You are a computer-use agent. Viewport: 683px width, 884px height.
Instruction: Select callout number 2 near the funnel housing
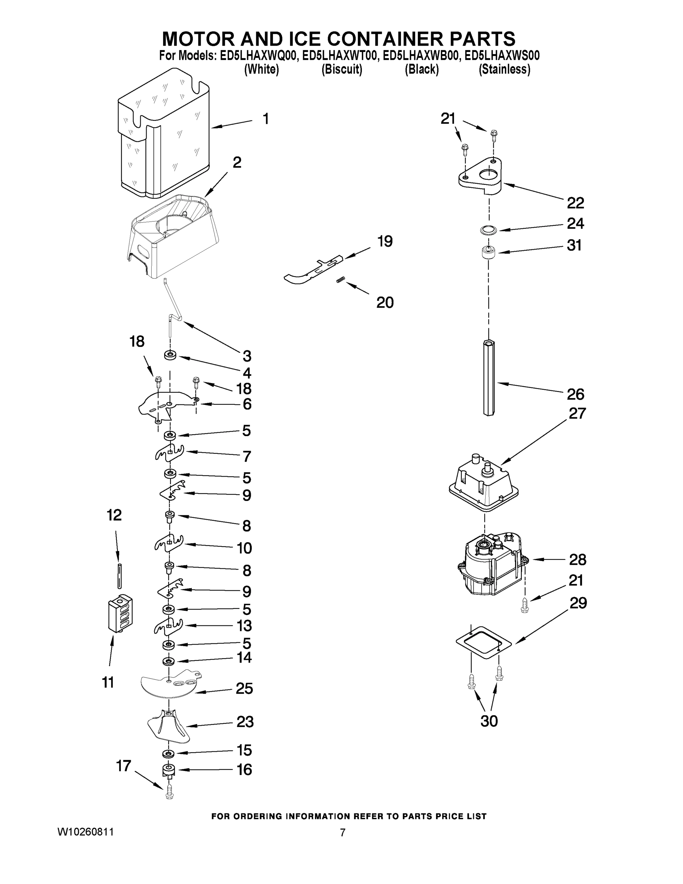click(x=237, y=163)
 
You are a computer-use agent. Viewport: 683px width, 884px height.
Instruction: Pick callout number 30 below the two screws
click(x=489, y=721)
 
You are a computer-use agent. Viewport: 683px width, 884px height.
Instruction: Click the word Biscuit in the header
click(x=342, y=70)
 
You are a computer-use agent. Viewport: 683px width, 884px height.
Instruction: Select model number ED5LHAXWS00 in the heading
click(x=502, y=56)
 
